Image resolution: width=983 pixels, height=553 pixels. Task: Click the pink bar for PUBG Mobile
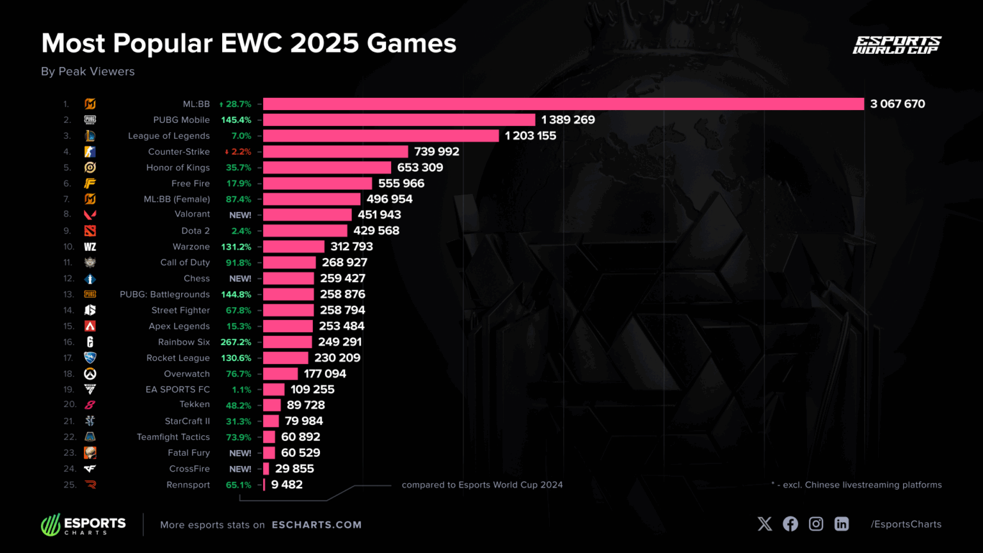(399, 120)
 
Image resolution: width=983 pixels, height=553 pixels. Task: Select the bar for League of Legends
(381, 136)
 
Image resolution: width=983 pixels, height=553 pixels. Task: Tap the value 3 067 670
(897, 104)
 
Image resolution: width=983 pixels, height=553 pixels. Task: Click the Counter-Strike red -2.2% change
(238, 152)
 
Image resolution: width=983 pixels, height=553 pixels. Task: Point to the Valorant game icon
(90, 215)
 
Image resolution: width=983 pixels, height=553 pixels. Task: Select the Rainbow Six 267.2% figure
(236, 342)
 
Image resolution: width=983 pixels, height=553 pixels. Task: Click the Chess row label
(196, 278)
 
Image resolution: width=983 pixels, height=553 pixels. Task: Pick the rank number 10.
(68, 246)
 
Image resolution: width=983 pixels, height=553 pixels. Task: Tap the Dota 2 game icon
(90, 231)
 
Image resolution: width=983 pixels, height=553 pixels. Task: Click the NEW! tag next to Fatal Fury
(240, 453)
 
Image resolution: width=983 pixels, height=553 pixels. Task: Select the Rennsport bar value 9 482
(287, 485)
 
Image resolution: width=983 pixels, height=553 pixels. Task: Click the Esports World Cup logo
(896, 45)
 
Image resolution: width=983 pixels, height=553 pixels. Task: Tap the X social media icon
(765, 524)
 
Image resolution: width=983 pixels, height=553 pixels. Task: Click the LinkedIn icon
(842, 524)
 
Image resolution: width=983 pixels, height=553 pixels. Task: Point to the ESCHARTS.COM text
(317, 525)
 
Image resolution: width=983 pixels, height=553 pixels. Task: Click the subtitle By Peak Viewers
(88, 72)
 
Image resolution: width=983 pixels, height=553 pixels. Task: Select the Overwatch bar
(280, 374)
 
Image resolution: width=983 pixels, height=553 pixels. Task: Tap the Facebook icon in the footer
(790, 524)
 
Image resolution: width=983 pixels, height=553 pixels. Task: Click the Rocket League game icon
(90, 358)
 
